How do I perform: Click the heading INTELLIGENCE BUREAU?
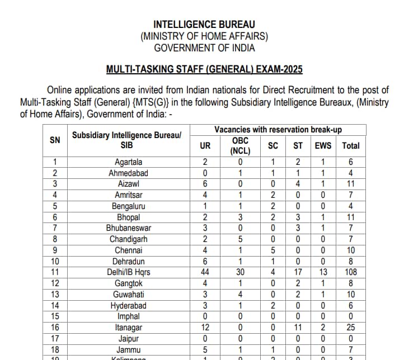click(x=204, y=25)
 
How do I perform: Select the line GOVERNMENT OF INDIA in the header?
click(x=204, y=48)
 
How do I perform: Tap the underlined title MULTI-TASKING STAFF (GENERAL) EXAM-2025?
click(x=204, y=70)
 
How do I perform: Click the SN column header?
click(x=55, y=140)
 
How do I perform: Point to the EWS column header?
click(x=323, y=145)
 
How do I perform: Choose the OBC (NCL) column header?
click(x=239, y=145)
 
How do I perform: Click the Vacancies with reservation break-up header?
click(x=278, y=130)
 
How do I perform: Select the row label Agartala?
click(x=129, y=162)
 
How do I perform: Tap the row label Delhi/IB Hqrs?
click(x=129, y=272)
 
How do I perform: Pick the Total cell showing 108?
click(x=351, y=272)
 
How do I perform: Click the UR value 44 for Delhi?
click(x=205, y=272)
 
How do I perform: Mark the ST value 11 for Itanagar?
click(x=298, y=326)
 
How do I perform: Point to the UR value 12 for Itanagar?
click(x=205, y=326)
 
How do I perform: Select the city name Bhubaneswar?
click(x=129, y=228)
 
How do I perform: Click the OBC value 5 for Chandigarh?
click(x=239, y=239)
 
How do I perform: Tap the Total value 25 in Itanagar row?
click(x=351, y=326)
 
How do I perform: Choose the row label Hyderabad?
click(x=129, y=305)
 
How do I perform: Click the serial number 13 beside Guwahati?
click(x=55, y=294)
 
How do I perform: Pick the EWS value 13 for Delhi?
click(x=323, y=272)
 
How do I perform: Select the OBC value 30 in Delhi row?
click(x=239, y=272)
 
